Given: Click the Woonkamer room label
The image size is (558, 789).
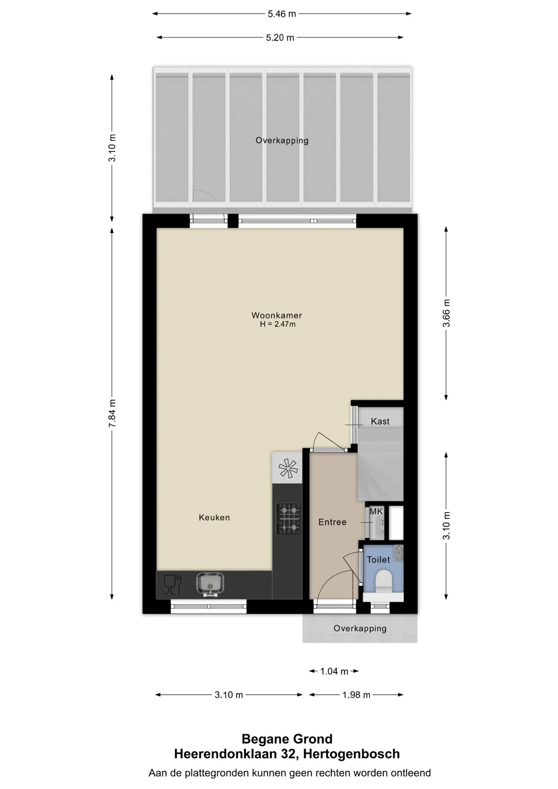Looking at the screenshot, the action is (x=277, y=315).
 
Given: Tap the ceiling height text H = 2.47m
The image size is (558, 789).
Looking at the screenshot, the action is (x=277, y=324).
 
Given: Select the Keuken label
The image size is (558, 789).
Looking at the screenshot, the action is (x=214, y=517).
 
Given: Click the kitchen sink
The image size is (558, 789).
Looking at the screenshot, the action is (x=210, y=584).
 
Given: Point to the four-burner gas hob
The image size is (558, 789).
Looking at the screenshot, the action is (x=288, y=518).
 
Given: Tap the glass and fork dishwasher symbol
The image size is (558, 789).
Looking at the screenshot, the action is (x=173, y=584).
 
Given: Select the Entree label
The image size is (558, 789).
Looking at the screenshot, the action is (x=332, y=522).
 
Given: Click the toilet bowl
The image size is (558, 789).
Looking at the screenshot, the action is (x=384, y=581).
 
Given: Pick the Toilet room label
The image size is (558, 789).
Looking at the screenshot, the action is (x=379, y=560).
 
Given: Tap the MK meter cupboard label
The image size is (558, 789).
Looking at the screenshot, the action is (x=376, y=512).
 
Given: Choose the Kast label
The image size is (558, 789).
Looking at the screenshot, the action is (x=380, y=421).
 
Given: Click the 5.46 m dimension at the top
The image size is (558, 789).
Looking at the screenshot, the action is (x=282, y=14).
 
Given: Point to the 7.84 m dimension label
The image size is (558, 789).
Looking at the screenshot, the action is (x=112, y=413).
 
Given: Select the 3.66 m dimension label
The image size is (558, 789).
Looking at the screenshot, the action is (x=446, y=313).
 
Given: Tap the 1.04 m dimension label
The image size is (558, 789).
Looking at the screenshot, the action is (x=334, y=671).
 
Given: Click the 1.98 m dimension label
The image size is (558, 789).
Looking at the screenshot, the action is (x=356, y=695).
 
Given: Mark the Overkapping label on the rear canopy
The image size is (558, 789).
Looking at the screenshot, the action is (x=282, y=140).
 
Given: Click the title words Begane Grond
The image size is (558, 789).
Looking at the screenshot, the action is (x=287, y=739).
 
